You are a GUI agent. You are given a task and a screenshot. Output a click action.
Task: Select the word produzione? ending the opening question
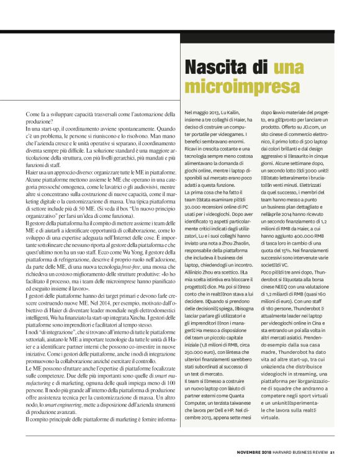[x=40, y=121]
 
